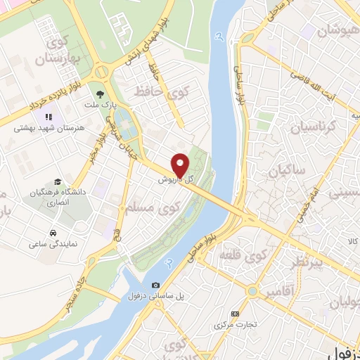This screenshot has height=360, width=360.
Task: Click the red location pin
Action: (181, 165)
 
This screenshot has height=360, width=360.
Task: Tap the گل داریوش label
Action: (178, 180)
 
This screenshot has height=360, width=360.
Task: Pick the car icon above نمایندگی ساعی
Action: (53, 232)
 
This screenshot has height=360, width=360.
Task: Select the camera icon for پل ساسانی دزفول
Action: (155, 285)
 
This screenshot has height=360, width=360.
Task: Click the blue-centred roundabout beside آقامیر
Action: (252, 290)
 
